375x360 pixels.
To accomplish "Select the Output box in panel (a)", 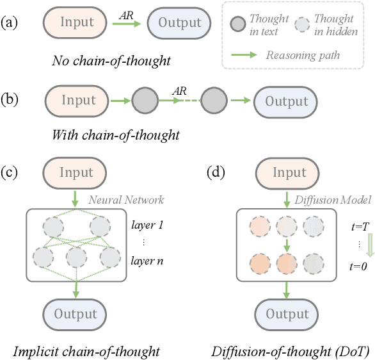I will click(x=180, y=23).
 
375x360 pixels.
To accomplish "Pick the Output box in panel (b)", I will click(x=286, y=101).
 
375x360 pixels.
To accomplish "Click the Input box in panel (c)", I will click(x=76, y=173).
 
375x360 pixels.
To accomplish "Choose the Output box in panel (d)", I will click(x=287, y=314).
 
